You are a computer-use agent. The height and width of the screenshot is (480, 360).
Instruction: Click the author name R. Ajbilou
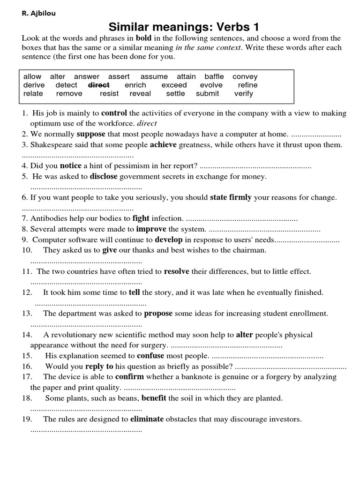point(38,14)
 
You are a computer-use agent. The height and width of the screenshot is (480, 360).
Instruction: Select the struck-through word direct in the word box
point(98,85)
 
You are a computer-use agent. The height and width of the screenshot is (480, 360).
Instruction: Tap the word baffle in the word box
point(214,77)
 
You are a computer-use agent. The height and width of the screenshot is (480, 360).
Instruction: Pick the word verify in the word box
point(243,94)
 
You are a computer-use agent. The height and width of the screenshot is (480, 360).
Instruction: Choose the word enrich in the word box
point(135,85)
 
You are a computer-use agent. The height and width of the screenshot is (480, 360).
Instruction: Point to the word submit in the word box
point(208,94)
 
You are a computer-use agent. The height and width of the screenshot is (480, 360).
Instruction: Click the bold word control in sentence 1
point(114,113)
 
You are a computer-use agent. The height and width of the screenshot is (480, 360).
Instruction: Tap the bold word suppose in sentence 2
point(94,134)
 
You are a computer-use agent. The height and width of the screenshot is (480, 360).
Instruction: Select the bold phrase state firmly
point(231,197)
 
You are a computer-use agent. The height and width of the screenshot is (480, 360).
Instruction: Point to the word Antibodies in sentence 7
point(49,218)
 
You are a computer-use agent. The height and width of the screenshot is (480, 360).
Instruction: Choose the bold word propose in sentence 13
point(158,314)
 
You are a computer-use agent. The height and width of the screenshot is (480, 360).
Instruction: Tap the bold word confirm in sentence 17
point(129,377)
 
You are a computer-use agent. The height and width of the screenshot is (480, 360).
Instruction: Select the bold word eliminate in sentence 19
point(147,419)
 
